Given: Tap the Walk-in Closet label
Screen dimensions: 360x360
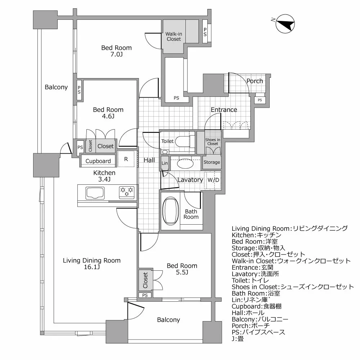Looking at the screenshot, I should (174, 37).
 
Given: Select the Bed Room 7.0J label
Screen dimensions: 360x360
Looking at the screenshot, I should (116, 51).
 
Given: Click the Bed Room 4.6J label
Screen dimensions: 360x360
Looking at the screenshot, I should (108, 113).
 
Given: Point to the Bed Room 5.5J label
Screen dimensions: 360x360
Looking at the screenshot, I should (182, 269).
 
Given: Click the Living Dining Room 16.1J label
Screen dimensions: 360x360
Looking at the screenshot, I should (91, 264).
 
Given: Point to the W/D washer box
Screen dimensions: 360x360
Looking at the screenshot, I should (213, 180).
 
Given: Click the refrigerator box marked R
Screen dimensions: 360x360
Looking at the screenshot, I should (126, 158).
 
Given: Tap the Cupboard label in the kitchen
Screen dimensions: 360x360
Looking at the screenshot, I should (98, 161).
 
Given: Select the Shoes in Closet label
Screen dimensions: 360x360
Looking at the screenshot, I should (212, 141).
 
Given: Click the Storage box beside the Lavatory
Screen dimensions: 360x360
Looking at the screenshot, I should (212, 162).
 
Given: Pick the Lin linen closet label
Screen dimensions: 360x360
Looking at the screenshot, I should (165, 163).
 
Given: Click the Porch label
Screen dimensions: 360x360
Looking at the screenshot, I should (255, 81).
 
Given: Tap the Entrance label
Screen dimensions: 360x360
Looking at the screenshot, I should (224, 110).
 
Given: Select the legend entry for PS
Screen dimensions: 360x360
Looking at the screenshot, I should (258, 332).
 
